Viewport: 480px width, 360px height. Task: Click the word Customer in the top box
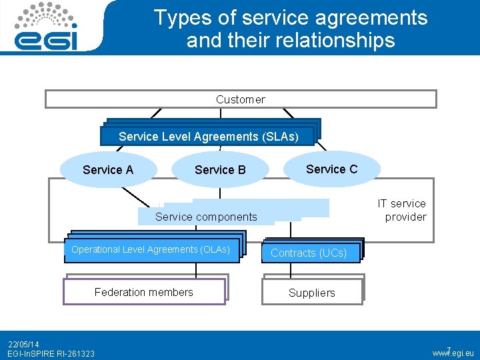[240, 99]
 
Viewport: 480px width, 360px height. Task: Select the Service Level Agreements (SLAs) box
[207, 136]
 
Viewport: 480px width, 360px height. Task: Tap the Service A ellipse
[108, 169]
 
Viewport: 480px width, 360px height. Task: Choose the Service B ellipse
[220, 169]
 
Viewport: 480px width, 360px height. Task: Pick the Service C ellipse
[331, 169]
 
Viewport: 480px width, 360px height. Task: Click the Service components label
[206, 216]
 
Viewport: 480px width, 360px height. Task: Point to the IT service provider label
[401, 210]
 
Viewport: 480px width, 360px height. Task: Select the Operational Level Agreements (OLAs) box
[151, 250]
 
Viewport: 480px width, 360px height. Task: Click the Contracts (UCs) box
[309, 253]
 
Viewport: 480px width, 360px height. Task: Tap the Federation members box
[144, 292]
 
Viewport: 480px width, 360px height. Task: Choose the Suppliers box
[312, 293]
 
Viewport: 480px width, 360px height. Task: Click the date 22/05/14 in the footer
[23, 344]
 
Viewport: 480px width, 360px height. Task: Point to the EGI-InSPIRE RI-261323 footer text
[51, 353]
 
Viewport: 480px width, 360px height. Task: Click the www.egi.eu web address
[453, 353]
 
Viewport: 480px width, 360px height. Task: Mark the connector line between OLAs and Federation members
[196, 269]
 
